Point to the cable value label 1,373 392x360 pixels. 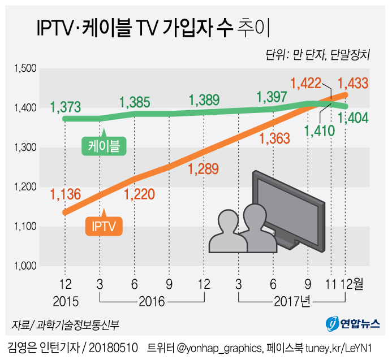pos(66,107)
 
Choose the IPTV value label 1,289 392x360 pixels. pos(203,168)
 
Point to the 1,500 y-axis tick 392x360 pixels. pos(24,69)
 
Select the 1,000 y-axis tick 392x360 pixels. pos(24,266)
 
